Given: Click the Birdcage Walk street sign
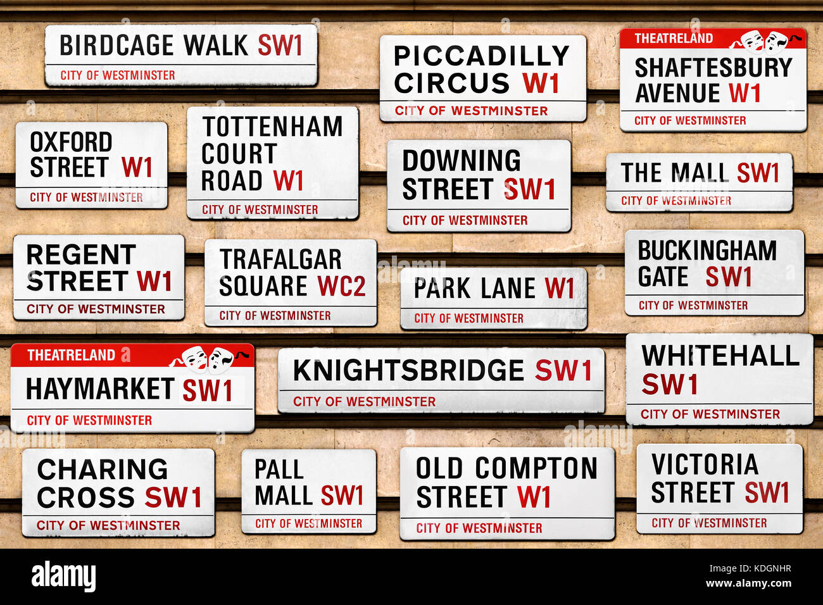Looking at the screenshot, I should [x=180, y=55].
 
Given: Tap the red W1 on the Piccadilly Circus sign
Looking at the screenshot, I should [x=540, y=84].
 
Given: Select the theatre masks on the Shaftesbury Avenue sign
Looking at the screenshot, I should [x=764, y=40].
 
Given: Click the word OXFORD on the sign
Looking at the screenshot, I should [x=71, y=142].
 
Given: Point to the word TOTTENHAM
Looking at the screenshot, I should [x=272, y=127].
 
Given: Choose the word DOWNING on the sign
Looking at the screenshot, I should [x=462, y=161].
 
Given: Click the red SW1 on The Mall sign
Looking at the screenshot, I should [x=757, y=173].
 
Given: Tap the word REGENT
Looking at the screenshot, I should [x=80, y=254].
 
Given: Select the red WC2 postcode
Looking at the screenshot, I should [x=341, y=286].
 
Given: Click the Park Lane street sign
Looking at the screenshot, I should [x=493, y=298].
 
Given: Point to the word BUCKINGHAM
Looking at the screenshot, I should [x=707, y=251].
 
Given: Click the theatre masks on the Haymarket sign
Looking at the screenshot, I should [x=209, y=358].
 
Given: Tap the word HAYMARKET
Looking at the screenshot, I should [x=99, y=389].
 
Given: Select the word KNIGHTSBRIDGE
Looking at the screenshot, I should [x=408, y=370].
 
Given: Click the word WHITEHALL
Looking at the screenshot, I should [x=720, y=356].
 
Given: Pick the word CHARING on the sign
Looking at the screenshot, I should [x=103, y=470].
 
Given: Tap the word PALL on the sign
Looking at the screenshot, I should [x=279, y=470].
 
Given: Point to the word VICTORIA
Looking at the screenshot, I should [x=705, y=465].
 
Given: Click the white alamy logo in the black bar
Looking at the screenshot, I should [x=63, y=577].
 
